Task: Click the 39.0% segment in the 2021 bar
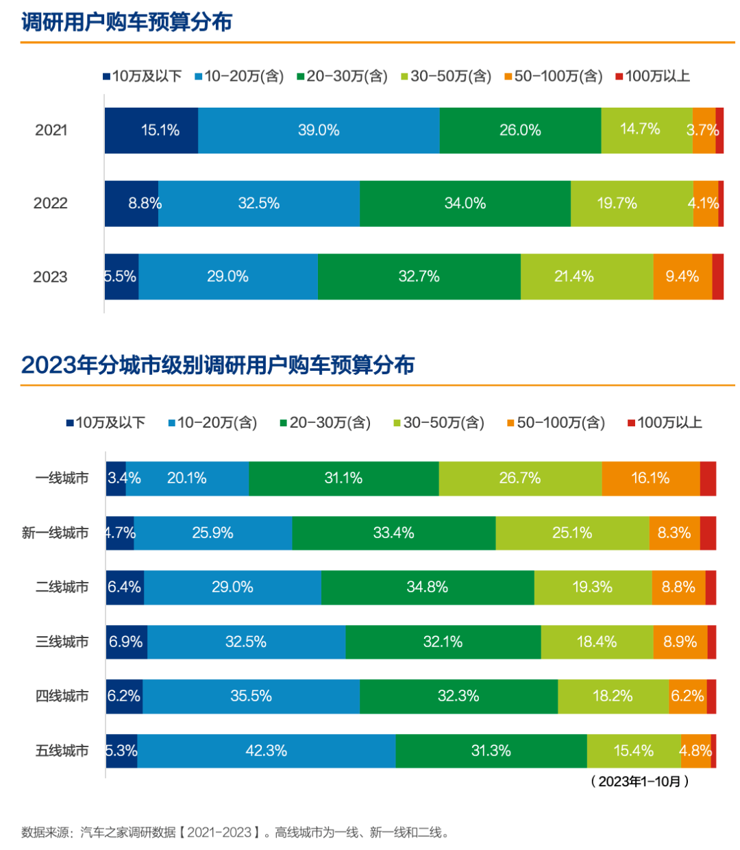pos(319,130)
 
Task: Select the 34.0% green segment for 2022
pos(465,204)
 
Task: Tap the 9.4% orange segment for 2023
pos(682,277)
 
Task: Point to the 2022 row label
pos(51,204)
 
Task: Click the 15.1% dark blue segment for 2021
pos(151,130)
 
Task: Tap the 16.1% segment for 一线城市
pos(651,478)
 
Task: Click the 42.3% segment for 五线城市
pos(267,751)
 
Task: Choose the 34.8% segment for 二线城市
pos(428,587)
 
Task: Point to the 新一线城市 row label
pos(55,533)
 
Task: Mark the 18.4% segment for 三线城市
pos(597,642)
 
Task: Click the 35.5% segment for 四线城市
pos(251,696)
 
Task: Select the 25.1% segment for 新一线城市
pos(572,533)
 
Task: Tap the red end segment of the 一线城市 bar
pos(708,478)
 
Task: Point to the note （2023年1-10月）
pos(639,781)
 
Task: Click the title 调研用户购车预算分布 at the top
pos(127,22)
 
